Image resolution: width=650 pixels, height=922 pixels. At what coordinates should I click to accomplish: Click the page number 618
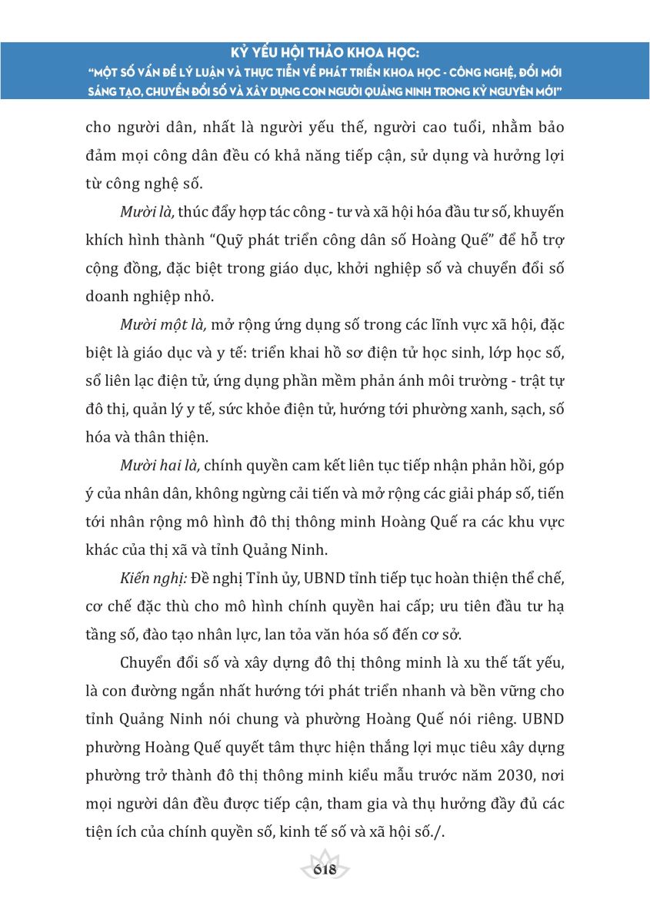pyautogui.click(x=325, y=870)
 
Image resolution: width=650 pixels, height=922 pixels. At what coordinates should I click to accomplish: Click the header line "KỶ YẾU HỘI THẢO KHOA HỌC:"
pyautogui.click(x=325, y=55)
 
